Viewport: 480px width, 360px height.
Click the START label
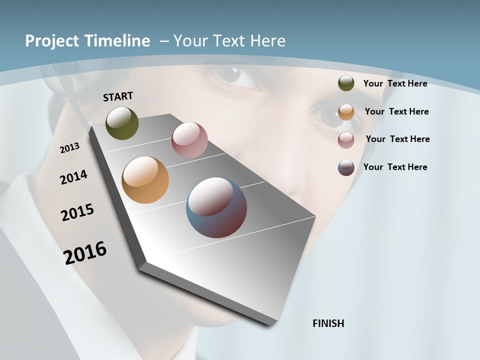(118, 96)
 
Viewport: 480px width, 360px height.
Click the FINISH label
(328, 323)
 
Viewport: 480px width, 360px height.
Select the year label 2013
(69, 147)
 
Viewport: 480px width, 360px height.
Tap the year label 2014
(73, 177)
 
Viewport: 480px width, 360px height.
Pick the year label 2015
(77, 212)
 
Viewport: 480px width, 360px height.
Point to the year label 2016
(85, 253)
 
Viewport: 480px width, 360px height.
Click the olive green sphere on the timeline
(122, 123)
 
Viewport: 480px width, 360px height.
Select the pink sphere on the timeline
(189, 140)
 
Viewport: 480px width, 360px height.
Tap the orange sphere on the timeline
(145, 180)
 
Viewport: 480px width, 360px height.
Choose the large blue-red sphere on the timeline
(216, 207)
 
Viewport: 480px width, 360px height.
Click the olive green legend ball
(346, 83)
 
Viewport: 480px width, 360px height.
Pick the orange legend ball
(346, 112)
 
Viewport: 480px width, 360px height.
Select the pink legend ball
(346, 140)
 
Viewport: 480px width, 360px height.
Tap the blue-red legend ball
(346, 167)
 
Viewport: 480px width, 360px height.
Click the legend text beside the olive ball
(395, 83)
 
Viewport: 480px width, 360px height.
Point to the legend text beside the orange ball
(396, 111)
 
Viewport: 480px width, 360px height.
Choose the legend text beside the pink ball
(397, 139)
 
